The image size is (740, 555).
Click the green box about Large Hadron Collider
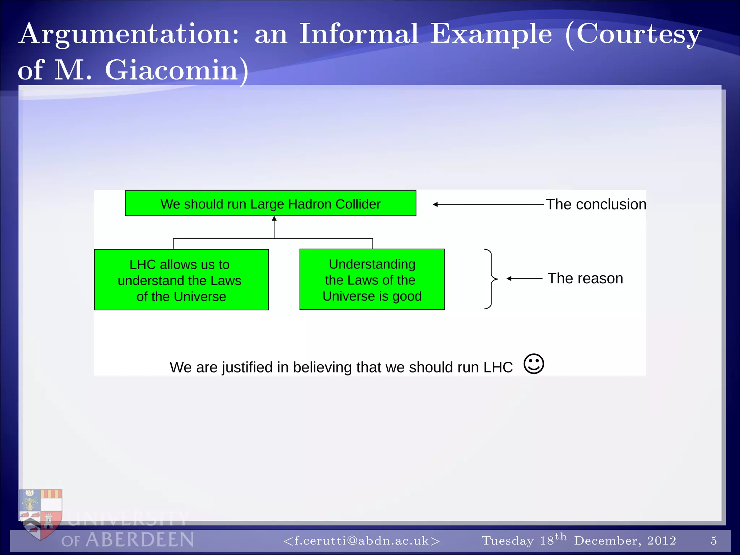(x=270, y=203)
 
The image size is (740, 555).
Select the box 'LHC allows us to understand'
(x=181, y=280)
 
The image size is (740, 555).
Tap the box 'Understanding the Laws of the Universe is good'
(x=372, y=279)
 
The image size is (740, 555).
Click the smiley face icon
(x=533, y=363)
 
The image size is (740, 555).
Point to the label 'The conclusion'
(x=595, y=205)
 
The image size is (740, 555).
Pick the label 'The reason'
(x=585, y=279)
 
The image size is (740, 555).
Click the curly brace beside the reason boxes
(x=490, y=279)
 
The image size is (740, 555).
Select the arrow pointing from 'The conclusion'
(x=488, y=205)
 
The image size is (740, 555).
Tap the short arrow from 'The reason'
(x=524, y=279)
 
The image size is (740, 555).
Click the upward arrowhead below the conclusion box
(x=274, y=219)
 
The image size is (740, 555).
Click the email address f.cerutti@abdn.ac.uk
(x=362, y=541)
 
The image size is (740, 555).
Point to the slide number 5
(x=714, y=541)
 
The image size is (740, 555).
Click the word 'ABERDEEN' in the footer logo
(x=140, y=540)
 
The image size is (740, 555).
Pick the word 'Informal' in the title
(x=358, y=34)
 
